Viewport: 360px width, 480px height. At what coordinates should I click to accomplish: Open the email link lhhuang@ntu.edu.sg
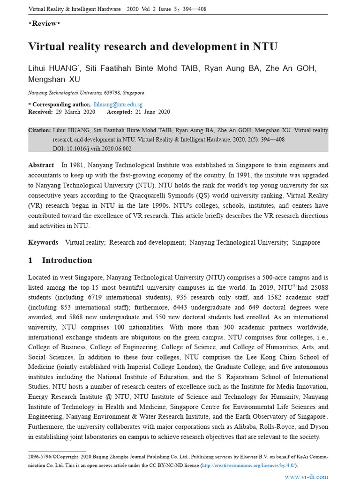click(x=118, y=105)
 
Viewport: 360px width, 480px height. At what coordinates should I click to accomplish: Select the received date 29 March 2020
click(x=75, y=112)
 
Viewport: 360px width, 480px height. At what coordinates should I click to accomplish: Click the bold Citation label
click(x=39, y=130)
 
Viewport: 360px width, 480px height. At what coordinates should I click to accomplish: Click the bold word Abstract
click(x=41, y=165)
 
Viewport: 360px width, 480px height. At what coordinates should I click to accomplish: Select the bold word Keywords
click(x=43, y=242)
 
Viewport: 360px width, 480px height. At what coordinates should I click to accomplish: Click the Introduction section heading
click(x=67, y=261)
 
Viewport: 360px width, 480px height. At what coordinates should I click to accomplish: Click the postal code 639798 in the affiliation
click(x=105, y=93)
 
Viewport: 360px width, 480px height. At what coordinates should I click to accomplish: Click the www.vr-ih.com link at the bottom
click(x=307, y=476)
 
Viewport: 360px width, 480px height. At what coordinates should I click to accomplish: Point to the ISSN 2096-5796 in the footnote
click(x=40, y=456)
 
